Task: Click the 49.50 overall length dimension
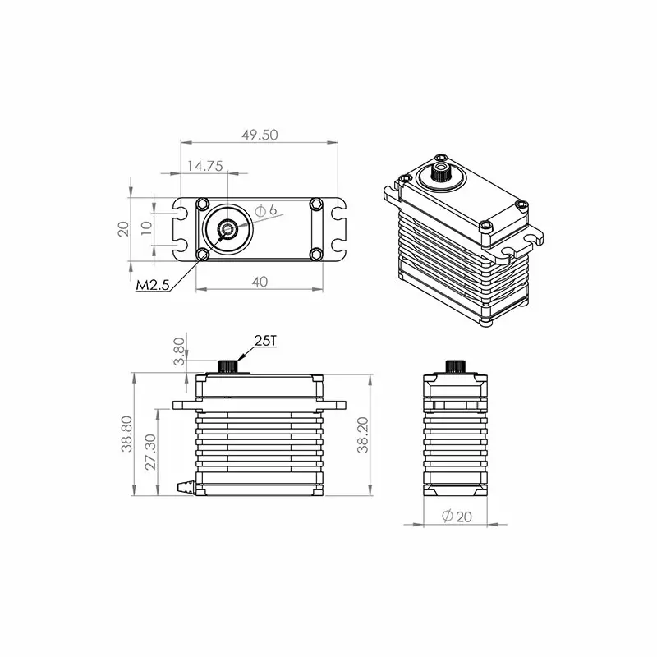[259, 135]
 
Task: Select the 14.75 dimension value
[204, 165]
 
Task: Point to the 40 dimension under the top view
[259, 281]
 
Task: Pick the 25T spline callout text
[265, 340]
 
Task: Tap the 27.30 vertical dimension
[149, 452]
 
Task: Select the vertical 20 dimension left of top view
[123, 228]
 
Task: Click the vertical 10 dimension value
[145, 228]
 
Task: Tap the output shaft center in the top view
[227, 228]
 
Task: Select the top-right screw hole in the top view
[315, 203]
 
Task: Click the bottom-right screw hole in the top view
[315, 253]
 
